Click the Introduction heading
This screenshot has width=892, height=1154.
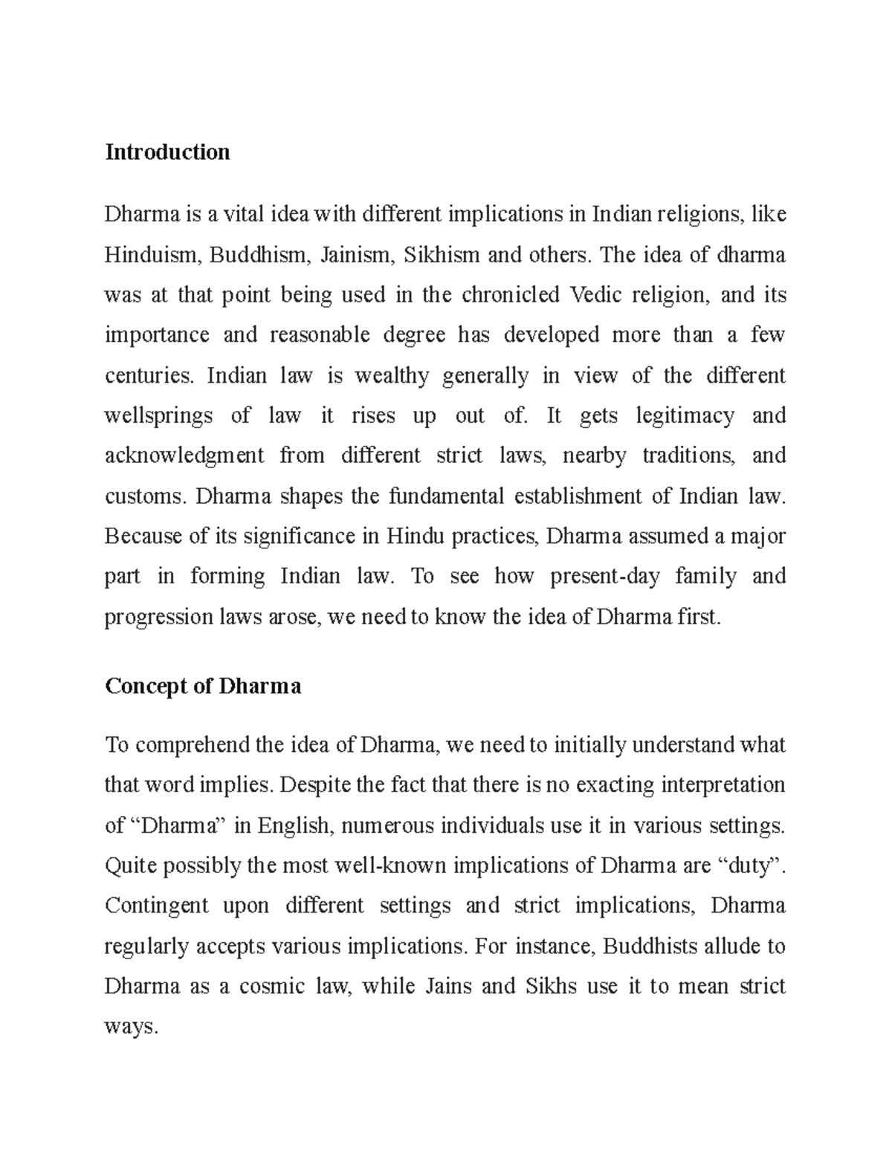coord(167,152)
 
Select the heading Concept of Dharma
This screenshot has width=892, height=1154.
coord(203,686)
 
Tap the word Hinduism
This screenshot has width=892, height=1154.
coord(151,256)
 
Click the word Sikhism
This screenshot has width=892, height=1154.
coord(441,256)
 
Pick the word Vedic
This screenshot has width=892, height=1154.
coord(592,296)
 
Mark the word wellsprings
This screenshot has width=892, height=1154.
coord(158,416)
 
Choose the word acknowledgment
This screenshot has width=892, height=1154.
coord(184,456)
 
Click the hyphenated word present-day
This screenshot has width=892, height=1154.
coord(605,577)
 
